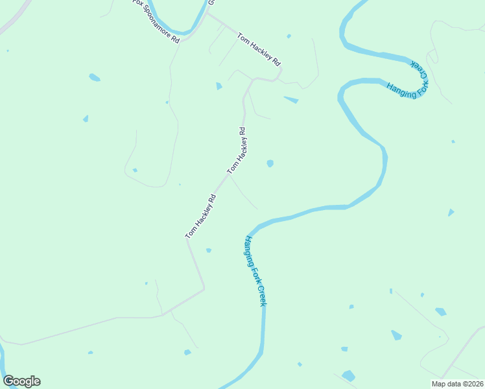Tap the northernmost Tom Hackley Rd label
point(259,49)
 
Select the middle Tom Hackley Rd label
point(236,150)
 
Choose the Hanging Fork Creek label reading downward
point(255,271)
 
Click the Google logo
point(21,381)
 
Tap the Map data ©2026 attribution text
point(457,383)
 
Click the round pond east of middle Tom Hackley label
point(270,163)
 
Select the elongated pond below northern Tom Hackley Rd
point(291,100)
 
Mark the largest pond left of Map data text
point(348,375)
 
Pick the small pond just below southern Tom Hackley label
point(208,250)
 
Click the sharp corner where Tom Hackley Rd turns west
point(204,289)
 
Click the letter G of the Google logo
point(8,381)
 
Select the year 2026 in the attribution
point(473,383)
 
